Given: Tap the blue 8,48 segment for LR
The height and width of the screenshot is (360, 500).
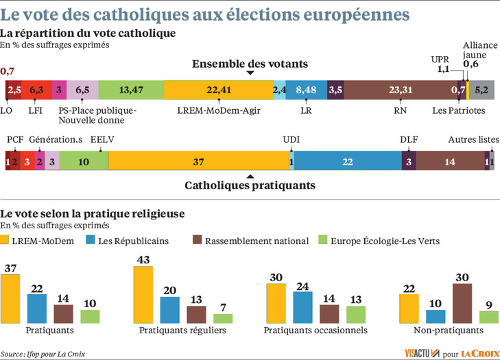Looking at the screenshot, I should point(307,89).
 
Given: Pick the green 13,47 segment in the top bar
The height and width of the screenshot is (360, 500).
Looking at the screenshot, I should point(130,89).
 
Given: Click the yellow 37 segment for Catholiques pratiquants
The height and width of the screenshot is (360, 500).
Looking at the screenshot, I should point(199,161).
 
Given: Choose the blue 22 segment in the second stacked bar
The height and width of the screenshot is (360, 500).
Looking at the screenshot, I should point(348,161).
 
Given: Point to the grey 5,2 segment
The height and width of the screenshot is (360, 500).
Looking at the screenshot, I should point(481,89).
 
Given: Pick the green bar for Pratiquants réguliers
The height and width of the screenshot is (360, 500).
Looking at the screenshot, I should point(223,318).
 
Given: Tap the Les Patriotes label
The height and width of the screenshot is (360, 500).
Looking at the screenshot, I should point(459,110).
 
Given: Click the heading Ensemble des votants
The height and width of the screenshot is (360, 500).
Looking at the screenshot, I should point(249,63).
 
